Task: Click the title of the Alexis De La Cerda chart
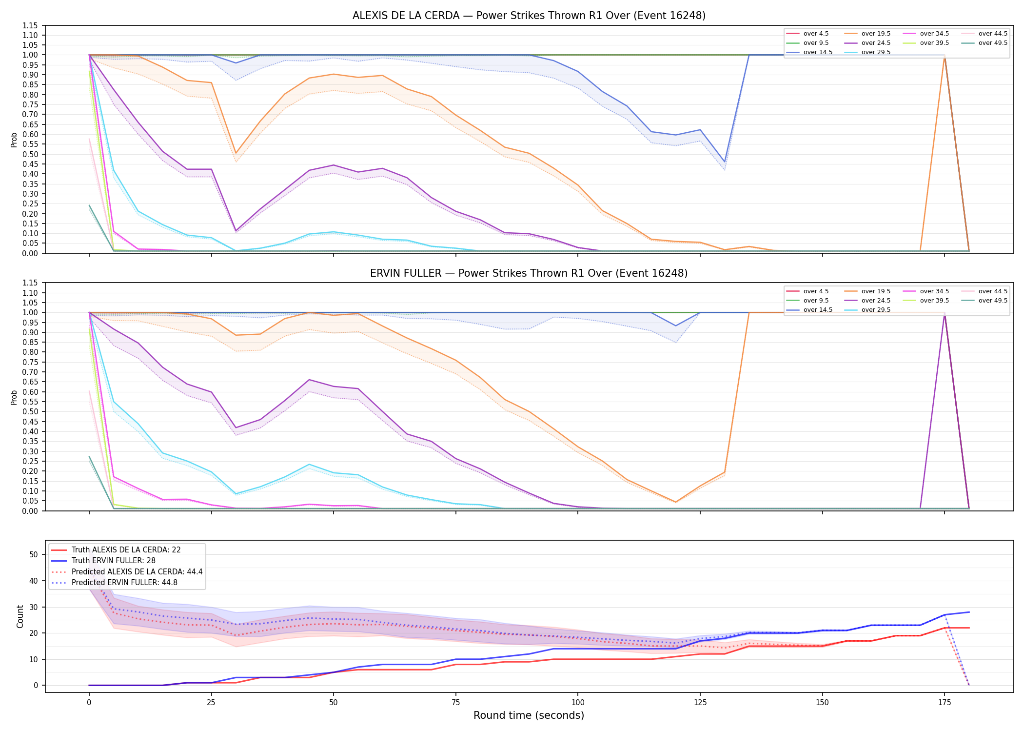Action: (529, 16)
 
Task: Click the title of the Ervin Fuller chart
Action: (529, 273)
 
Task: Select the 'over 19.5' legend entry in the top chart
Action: (867, 34)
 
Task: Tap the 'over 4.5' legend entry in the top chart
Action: (807, 34)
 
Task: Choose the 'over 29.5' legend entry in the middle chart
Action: (867, 310)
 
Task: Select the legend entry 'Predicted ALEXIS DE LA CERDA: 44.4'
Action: (127, 571)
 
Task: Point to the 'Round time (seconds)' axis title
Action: (529, 715)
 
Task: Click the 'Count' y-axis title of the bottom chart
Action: (20, 616)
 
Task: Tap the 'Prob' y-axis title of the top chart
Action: (14, 140)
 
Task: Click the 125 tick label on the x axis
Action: (700, 703)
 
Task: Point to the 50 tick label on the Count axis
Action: (34, 554)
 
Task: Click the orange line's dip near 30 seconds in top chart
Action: (236, 153)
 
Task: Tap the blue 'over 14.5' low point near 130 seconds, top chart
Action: (725, 162)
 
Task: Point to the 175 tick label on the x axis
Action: (945, 703)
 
